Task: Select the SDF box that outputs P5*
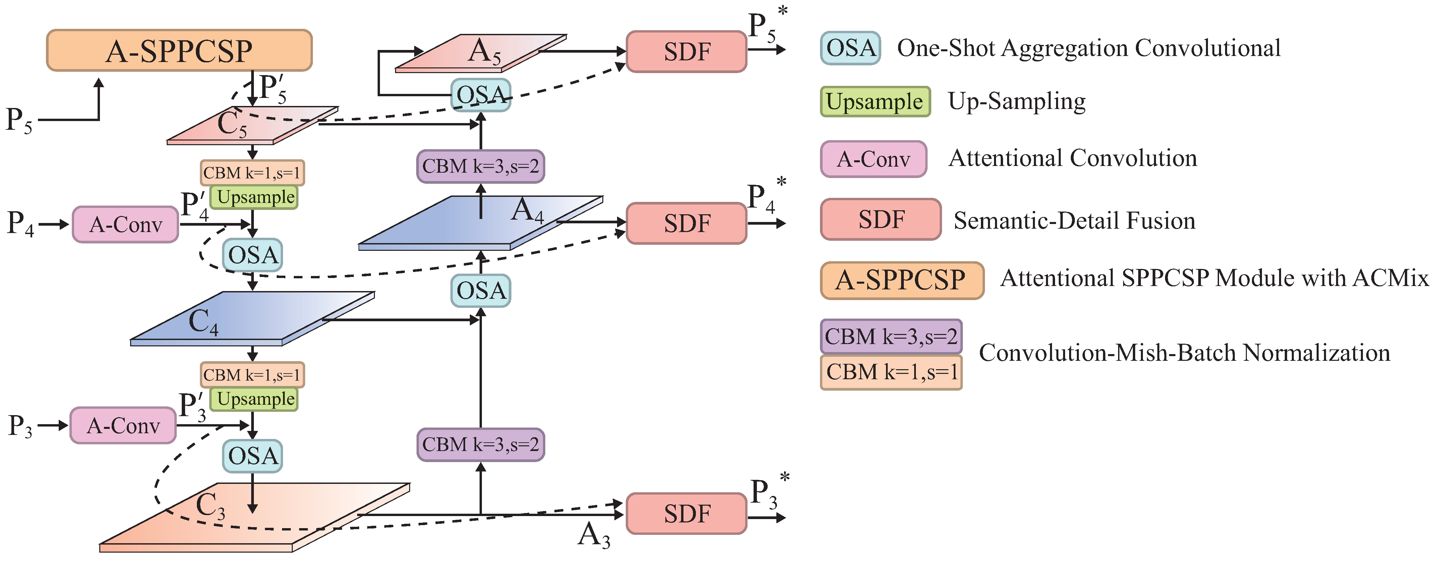tap(686, 52)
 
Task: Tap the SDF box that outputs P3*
tap(686, 513)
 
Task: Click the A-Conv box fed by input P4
tap(125, 224)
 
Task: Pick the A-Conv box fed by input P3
tap(123, 426)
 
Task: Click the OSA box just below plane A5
tap(480, 95)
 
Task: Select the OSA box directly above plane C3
tap(252, 456)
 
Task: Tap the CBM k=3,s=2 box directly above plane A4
tap(480, 166)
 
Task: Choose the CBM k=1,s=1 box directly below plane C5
tap(252, 173)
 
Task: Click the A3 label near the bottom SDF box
tap(594, 536)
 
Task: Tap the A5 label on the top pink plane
tap(484, 52)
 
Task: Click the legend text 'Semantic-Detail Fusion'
tap(1074, 221)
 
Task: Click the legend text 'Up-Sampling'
tap(1017, 101)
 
